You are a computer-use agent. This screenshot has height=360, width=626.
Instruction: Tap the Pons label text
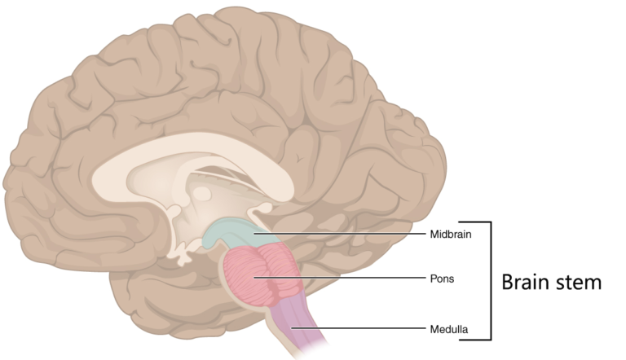[x=443, y=279]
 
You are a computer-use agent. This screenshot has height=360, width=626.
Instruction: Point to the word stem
[x=580, y=283]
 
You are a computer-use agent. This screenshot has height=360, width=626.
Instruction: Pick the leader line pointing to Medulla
[x=359, y=330]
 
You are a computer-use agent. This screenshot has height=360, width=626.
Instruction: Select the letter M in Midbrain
[x=434, y=236]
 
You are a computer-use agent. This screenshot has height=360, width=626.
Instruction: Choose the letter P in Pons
[x=432, y=279]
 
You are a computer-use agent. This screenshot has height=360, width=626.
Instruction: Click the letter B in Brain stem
[x=507, y=283]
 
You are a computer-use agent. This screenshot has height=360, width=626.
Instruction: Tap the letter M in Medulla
[x=434, y=330]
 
